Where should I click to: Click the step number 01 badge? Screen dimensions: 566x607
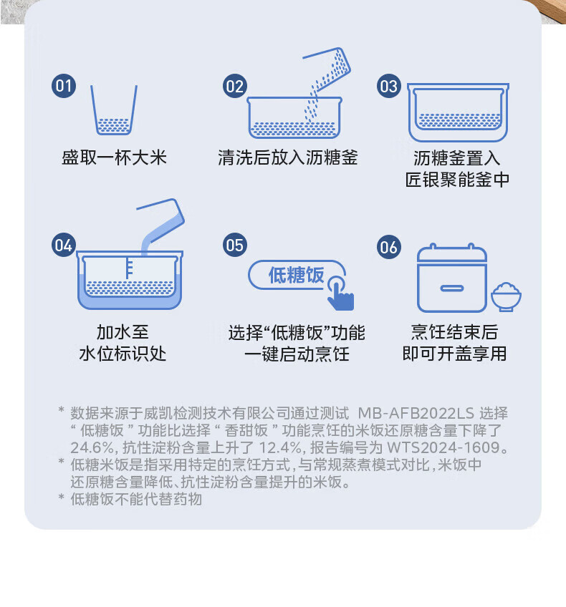64,86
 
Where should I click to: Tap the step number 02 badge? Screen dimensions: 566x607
235,86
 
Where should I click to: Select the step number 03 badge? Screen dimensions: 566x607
389,86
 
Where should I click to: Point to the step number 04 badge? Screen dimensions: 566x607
64,245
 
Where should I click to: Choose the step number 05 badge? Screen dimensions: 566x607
235,245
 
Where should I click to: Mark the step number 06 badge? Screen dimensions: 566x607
389,247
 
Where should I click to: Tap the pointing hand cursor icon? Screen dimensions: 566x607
340,293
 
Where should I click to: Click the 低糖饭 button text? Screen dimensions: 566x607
297,276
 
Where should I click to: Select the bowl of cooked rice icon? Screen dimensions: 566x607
506,297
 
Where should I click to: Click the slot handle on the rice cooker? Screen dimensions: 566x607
451,288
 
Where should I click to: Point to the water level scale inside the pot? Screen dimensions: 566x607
129,268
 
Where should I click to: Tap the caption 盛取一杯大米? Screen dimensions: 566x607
115,158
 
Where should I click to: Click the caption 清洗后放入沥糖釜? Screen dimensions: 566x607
287,158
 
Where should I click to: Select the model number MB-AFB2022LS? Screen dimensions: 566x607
416,414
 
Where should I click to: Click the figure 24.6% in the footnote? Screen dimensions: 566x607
93,447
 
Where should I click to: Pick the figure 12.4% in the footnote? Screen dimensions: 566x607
280,447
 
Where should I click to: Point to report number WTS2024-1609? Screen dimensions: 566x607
443,447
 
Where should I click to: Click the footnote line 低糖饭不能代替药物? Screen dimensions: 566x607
136,500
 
